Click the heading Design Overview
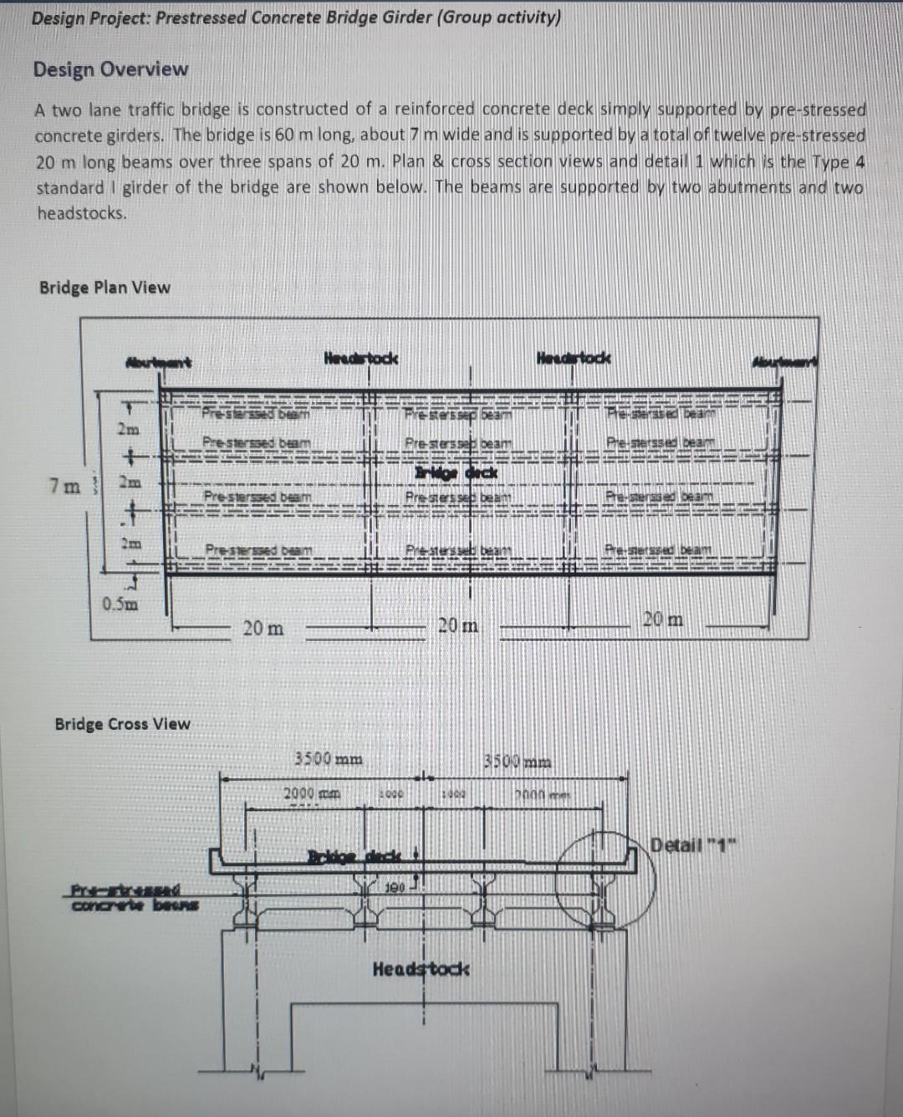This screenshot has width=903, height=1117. tap(110, 69)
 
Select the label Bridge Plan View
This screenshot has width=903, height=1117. tap(105, 288)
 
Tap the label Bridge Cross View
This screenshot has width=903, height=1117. tap(122, 724)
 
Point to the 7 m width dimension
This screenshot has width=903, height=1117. tap(64, 486)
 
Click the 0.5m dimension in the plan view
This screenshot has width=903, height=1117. tap(120, 604)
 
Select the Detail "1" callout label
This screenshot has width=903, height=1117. tap(691, 843)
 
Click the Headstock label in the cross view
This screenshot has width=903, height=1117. tap(421, 969)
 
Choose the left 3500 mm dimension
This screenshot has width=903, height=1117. tap(329, 759)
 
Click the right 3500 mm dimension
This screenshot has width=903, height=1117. tap(518, 762)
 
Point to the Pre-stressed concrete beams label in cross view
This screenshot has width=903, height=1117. tap(134, 898)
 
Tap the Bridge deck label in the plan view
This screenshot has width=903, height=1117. tap(456, 472)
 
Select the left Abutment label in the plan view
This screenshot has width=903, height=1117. tap(158, 362)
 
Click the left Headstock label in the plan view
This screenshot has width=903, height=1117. tap(360, 359)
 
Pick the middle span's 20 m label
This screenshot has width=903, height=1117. tap(458, 625)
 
